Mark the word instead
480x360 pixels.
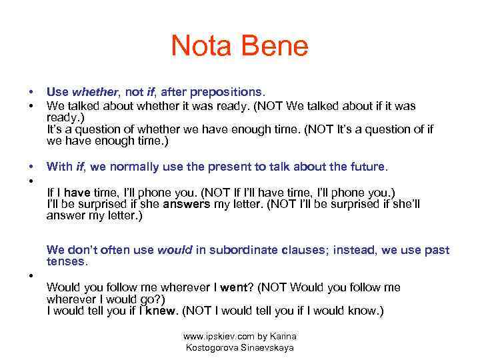[x=355, y=251]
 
